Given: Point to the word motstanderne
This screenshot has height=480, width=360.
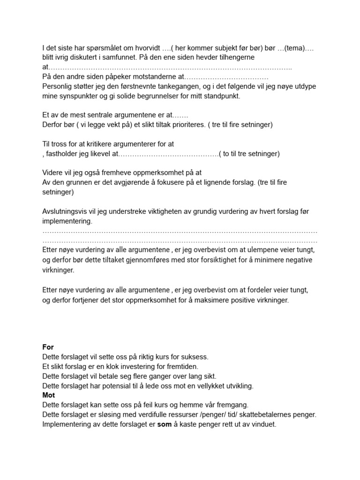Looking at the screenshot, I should point(149,76).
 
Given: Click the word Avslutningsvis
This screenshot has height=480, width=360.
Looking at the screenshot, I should point(64,211).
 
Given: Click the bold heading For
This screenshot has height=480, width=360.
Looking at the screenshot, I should point(48,347).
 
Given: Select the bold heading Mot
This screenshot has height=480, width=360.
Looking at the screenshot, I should point(48,395).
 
